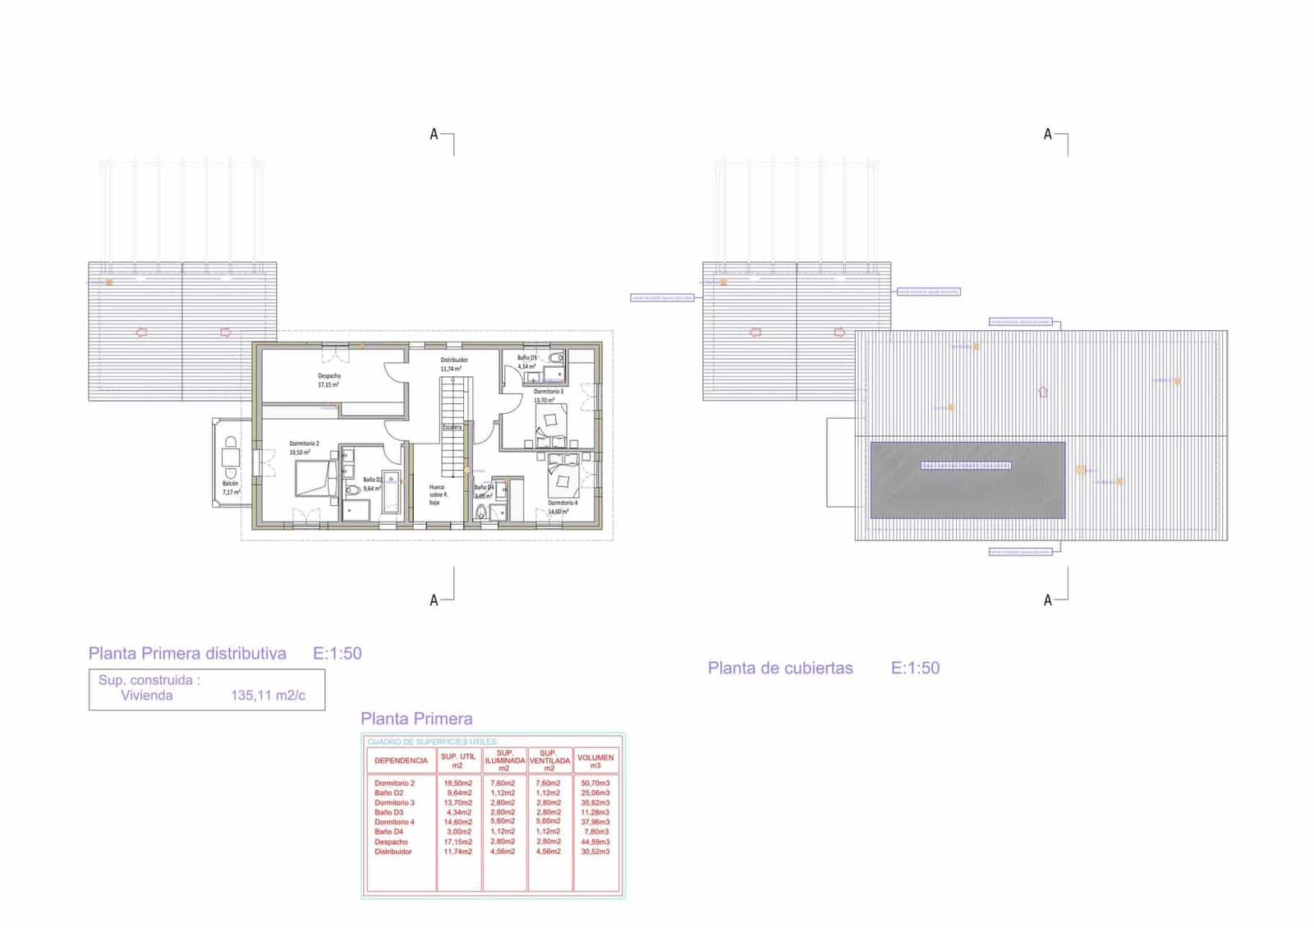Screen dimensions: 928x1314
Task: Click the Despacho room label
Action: (328, 376)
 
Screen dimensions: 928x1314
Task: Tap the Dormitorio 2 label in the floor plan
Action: (304, 443)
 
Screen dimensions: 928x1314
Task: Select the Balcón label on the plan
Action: (230, 484)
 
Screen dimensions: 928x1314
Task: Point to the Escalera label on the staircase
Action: (453, 427)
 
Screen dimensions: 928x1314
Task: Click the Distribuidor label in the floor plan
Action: (454, 360)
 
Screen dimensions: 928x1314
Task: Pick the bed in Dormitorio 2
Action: (315, 478)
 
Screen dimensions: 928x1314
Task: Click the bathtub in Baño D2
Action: (391, 491)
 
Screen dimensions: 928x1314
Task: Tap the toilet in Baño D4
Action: (480, 513)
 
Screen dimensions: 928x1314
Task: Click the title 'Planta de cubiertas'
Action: (780, 668)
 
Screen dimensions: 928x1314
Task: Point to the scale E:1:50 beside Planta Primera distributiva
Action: (337, 654)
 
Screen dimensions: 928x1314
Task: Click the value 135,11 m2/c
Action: (268, 696)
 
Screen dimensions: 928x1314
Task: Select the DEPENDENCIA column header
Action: (401, 760)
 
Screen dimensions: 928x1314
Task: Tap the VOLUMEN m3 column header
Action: (595, 761)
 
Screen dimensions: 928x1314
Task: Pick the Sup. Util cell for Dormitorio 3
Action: (458, 802)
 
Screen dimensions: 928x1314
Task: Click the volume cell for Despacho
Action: (595, 842)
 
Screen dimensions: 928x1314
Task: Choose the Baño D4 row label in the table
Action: (389, 832)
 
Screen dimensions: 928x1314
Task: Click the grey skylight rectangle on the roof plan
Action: (967, 493)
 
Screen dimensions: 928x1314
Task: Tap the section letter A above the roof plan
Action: (1047, 134)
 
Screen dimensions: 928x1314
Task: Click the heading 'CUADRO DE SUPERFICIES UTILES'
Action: (432, 742)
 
